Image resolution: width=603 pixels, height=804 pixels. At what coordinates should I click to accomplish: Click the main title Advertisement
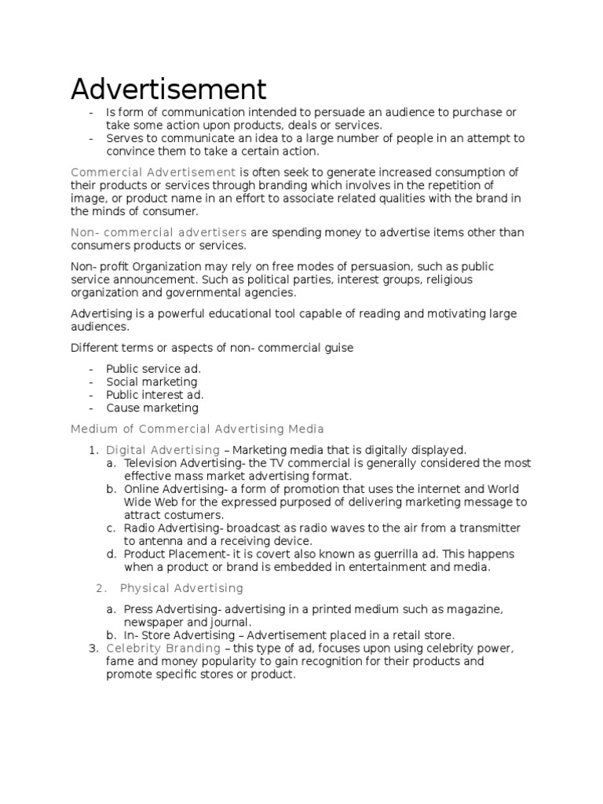pyautogui.click(x=169, y=89)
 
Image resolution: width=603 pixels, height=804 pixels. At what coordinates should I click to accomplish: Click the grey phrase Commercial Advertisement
pyautogui.click(x=153, y=172)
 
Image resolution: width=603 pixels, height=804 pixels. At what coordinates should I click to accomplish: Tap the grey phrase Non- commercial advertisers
pyautogui.click(x=159, y=232)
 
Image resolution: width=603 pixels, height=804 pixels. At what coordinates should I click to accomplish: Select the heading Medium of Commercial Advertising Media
pyautogui.click(x=197, y=429)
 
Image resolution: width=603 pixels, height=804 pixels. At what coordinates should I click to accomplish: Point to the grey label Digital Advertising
pyautogui.click(x=163, y=450)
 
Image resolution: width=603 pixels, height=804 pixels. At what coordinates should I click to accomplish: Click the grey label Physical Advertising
pyautogui.click(x=181, y=588)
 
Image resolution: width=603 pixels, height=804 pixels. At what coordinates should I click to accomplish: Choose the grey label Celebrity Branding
pyautogui.click(x=163, y=649)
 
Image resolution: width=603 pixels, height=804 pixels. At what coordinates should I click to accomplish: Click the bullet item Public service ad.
pyautogui.click(x=154, y=368)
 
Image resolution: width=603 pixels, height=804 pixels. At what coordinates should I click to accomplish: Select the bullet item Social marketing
pyautogui.click(x=152, y=382)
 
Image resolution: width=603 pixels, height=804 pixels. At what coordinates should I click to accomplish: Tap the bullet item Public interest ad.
pyautogui.click(x=155, y=395)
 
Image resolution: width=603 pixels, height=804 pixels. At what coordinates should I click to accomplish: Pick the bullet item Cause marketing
pyautogui.click(x=152, y=408)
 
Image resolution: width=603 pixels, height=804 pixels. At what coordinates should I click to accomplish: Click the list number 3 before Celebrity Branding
pyautogui.click(x=93, y=649)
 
